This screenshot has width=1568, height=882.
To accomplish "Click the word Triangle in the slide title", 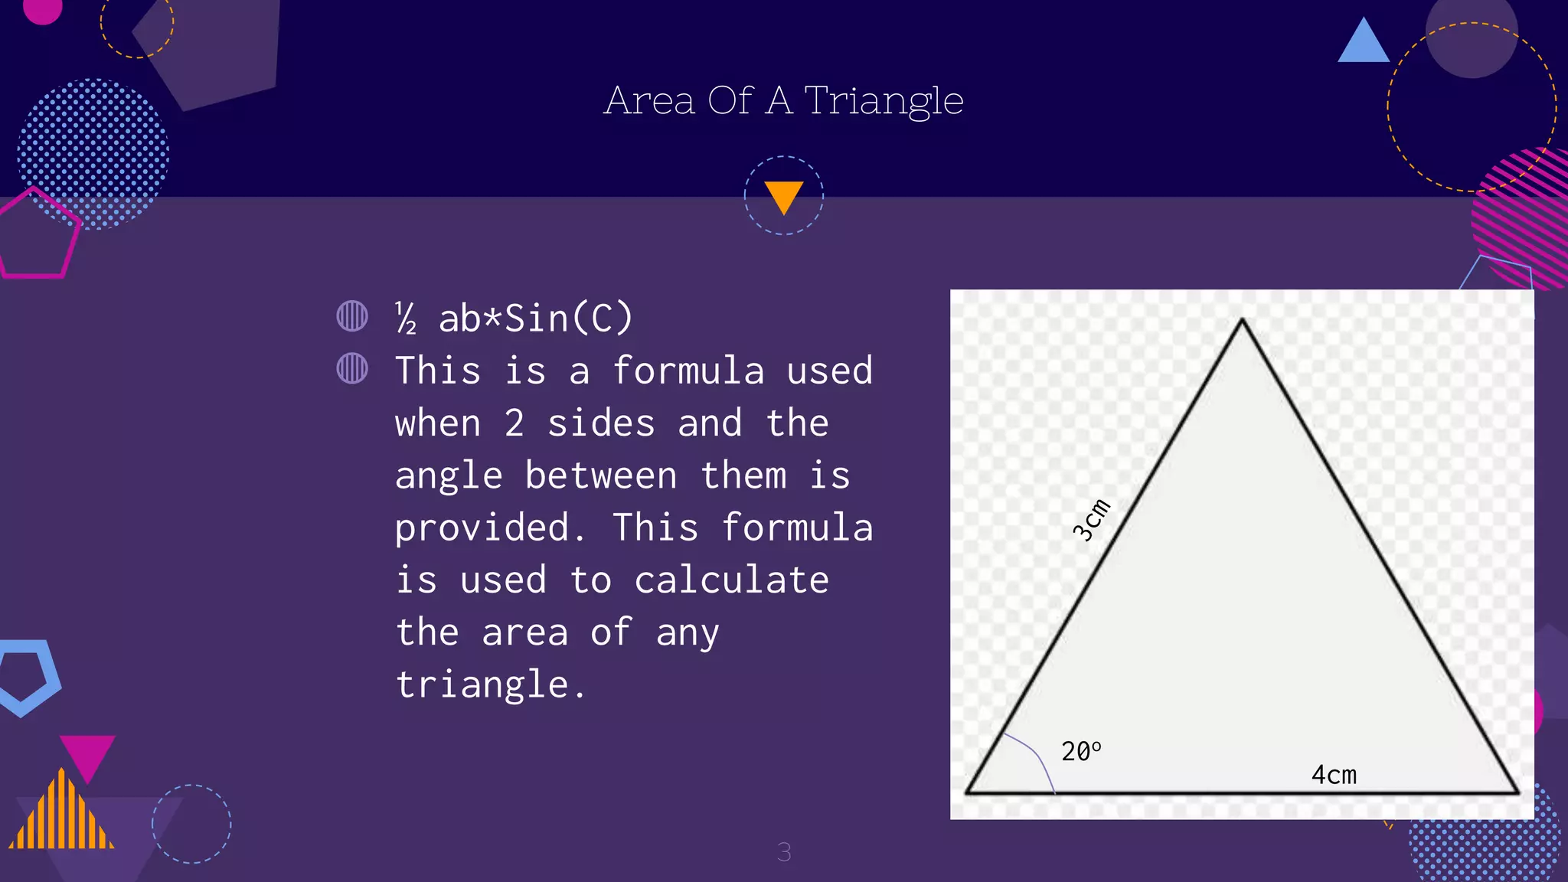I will pos(884,101).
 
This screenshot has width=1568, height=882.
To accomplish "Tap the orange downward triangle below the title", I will pos(783,196).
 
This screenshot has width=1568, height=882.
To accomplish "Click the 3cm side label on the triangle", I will pos(1091,520).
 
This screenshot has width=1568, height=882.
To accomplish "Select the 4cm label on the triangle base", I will pos(1334,775).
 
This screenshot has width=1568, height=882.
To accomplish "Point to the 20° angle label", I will pos(1080,751).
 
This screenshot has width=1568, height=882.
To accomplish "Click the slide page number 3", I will pos(784,852).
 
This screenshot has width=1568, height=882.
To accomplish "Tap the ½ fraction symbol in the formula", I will pos(406,318).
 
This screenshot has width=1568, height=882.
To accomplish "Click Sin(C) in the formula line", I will pos(568,318).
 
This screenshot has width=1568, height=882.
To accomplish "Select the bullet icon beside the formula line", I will pos(352,316).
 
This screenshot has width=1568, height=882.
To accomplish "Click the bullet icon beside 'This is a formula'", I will pos(352,368).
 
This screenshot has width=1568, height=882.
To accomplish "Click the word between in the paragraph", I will pos(601,476).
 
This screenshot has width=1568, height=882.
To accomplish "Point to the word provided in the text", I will pos(490,528).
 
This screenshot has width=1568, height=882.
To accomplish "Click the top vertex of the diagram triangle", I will pos(1242,320).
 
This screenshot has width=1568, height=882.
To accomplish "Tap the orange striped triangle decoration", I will pos(61,815).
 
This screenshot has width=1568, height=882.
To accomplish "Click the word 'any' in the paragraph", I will pos(687,633).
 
